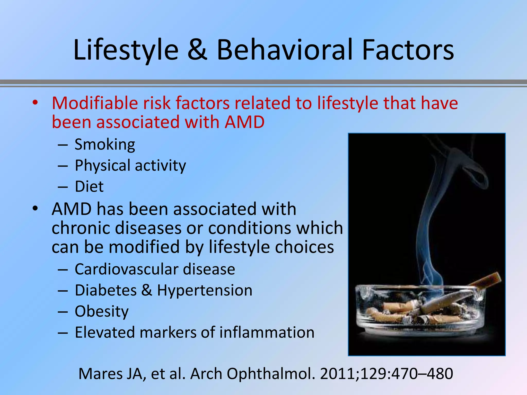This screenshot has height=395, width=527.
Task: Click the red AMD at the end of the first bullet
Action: click(x=244, y=122)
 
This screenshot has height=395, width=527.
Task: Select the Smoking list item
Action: click(x=105, y=145)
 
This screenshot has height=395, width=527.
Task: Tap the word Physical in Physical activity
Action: click(x=102, y=166)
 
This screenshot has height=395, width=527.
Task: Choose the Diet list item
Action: click(x=89, y=187)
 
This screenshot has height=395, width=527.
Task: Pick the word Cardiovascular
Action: click(x=126, y=270)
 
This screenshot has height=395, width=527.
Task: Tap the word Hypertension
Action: click(x=205, y=291)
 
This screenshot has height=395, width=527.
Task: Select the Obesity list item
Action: click(x=102, y=312)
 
